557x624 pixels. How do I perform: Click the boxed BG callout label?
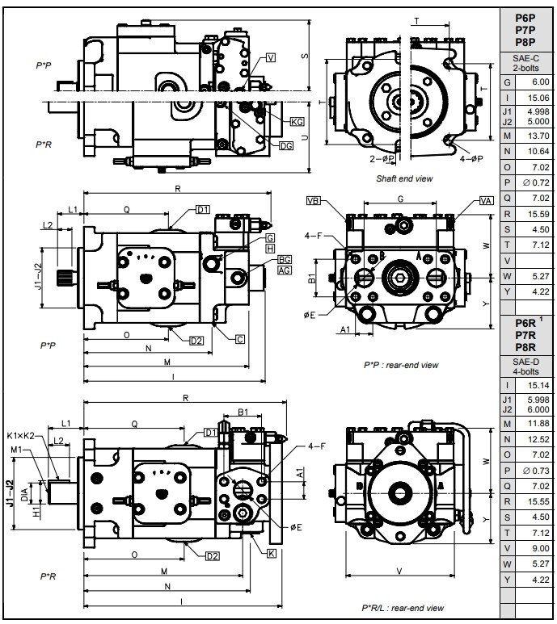(x=285, y=259)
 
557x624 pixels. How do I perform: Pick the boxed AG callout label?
(x=285, y=270)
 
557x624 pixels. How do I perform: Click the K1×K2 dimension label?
(x=23, y=437)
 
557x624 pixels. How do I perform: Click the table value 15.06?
(x=537, y=98)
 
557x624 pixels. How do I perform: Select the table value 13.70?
(x=537, y=135)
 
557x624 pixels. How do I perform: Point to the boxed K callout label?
(x=272, y=553)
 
